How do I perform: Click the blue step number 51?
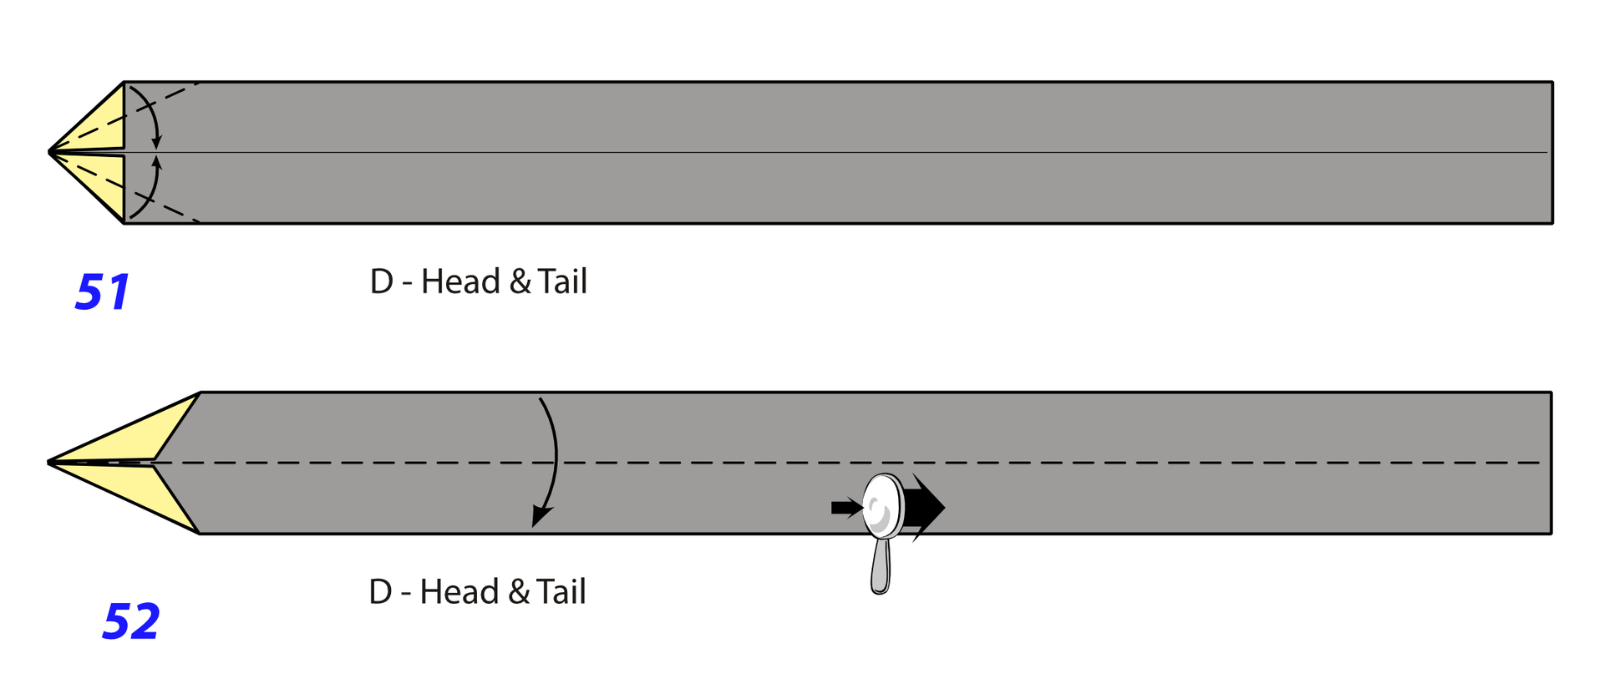102,291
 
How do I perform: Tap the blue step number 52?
130,621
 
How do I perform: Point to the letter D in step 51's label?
381,281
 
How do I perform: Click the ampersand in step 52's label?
519,592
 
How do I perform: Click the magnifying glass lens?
882,506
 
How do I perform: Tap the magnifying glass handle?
880,566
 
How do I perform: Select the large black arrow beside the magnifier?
924,507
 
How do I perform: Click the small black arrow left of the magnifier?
846,507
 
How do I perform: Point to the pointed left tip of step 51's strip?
49,153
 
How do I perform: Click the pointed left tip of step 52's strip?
48,462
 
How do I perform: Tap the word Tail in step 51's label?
562,281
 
